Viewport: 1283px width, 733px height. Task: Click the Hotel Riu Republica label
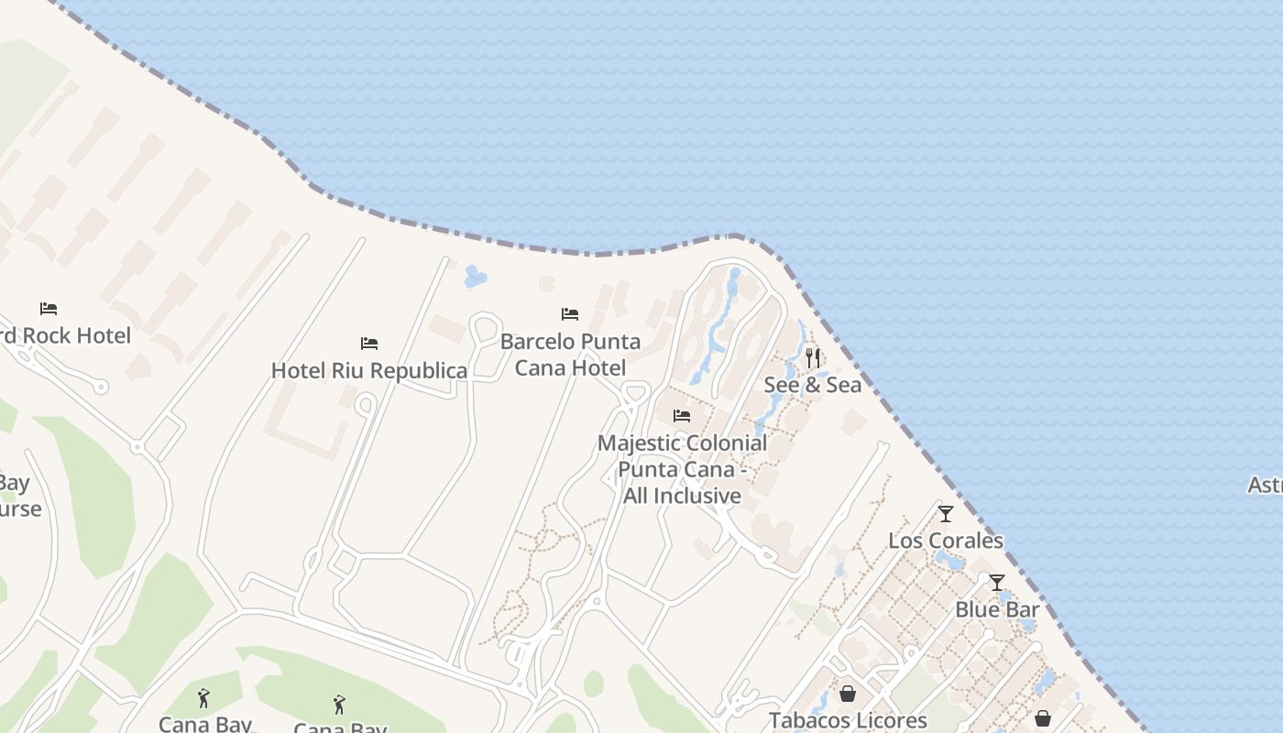point(368,371)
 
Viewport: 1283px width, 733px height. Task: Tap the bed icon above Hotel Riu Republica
point(369,344)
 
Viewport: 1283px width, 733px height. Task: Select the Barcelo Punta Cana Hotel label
point(570,355)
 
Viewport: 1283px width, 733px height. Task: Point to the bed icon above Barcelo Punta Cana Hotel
point(570,314)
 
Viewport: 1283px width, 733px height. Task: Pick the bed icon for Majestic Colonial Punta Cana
point(682,415)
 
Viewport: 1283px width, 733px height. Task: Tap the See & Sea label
point(812,385)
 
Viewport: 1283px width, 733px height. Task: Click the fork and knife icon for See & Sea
point(813,357)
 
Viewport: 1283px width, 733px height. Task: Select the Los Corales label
point(945,541)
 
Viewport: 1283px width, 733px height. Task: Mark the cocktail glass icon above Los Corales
point(946,514)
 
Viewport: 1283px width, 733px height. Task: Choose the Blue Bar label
point(997,609)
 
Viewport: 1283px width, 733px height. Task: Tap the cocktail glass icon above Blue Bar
point(997,583)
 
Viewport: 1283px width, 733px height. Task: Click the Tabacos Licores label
point(848,720)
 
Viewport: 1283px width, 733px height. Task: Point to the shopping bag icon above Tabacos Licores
point(848,694)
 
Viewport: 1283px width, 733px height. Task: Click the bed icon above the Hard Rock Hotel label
point(49,309)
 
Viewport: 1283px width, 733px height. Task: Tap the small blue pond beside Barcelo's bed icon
point(475,277)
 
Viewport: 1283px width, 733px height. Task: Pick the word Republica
point(424,371)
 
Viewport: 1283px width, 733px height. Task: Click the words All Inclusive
point(682,497)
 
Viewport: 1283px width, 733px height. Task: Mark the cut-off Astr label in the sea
point(1266,485)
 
